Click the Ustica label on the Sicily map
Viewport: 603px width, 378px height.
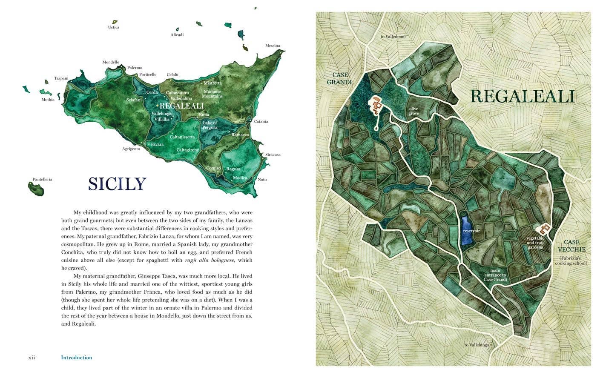point(114,27)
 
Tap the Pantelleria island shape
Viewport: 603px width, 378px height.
point(36,189)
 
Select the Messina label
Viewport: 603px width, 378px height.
point(273,46)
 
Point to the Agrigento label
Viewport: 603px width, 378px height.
point(131,149)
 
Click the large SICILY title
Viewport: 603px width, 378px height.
point(117,184)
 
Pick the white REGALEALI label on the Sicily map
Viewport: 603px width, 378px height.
point(181,106)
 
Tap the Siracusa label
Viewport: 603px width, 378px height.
point(273,155)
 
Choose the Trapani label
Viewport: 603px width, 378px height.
point(61,78)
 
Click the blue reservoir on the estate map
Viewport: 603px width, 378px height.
point(466,231)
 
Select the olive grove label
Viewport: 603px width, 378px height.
point(413,111)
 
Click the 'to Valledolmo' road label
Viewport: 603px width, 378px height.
point(393,37)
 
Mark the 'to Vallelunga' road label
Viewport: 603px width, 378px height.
point(477,345)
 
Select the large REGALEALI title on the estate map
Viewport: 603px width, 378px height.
point(523,97)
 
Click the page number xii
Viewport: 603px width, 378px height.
point(32,358)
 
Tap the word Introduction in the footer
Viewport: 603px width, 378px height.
point(77,358)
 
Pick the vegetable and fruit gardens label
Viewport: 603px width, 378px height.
point(535,243)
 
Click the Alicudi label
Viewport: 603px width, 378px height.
point(177,35)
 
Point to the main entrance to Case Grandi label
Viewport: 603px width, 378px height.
point(495,275)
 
